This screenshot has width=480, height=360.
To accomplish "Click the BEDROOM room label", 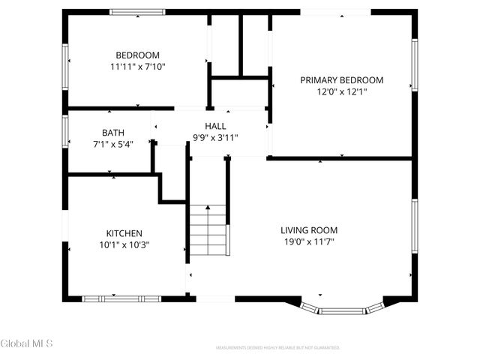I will tap(137, 55).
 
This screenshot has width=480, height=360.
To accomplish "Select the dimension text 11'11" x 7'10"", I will tap(137, 67).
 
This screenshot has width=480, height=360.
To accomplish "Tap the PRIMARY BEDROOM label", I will tap(341, 80).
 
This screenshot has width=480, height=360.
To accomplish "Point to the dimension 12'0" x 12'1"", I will tap(341, 92).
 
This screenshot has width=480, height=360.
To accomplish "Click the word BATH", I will tap(113, 133).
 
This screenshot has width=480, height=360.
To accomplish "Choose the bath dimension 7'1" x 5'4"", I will tap(113, 144).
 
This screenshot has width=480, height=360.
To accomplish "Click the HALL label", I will tap(215, 126).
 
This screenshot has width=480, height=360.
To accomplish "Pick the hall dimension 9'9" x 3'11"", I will tap(215, 138).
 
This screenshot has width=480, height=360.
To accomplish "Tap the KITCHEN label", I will tap(124, 233).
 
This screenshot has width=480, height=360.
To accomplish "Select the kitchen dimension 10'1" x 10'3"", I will tap(124, 244).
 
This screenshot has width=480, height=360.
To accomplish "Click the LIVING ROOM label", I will tap(309, 230).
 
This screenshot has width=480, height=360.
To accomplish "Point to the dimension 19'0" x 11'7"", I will tap(309, 241).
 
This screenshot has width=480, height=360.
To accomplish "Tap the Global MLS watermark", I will tap(27, 344).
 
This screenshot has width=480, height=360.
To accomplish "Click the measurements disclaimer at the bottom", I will tap(277, 348).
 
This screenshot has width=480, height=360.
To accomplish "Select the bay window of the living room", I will tap(341, 308).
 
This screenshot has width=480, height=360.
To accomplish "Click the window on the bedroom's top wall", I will tap(137, 12).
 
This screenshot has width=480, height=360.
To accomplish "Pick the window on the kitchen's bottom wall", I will tap(121, 298).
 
